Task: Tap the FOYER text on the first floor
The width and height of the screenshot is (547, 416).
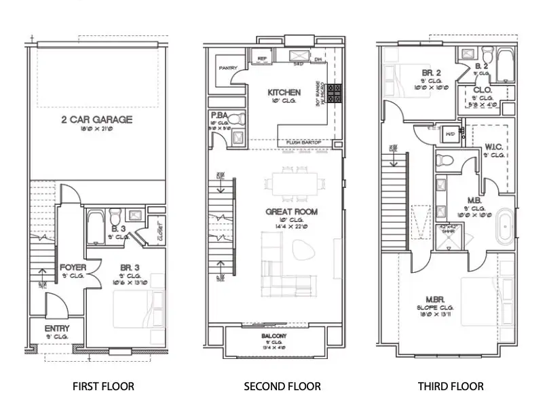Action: point(72,267)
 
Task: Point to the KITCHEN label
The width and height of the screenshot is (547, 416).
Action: point(284,92)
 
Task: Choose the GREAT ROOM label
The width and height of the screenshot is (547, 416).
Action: point(291,212)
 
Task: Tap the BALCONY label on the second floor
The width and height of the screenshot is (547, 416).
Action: point(273,336)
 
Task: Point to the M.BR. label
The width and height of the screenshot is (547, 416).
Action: point(434,299)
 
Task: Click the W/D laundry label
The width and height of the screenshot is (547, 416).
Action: point(449,134)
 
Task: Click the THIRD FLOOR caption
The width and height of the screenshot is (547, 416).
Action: point(451,387)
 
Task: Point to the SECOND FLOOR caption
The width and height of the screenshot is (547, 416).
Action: point(282,387)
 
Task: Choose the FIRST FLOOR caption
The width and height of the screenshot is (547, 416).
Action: point(103,387)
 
